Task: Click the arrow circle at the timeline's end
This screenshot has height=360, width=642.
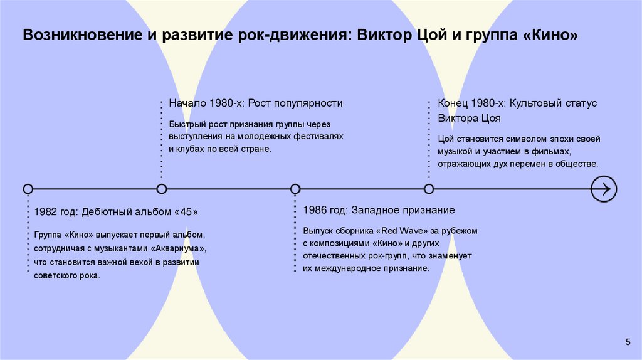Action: tap(604, 189)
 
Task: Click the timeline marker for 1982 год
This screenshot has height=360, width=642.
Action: tap(28, 189)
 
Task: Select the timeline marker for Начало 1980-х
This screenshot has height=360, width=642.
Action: tap(162, 189)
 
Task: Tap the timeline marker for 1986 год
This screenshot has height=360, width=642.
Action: tap(295, 189)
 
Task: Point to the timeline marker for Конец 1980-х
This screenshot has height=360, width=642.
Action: tap(429, 189)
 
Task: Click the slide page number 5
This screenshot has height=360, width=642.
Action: tap(628, 341)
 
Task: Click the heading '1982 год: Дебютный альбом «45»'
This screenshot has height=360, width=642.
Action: tap(117, 212)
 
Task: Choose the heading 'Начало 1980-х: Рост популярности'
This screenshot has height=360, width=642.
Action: tap(256, 103)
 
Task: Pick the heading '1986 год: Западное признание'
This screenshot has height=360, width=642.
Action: tap(379, 210)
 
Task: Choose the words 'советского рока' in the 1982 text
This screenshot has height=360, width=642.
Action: tap(67, 276)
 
